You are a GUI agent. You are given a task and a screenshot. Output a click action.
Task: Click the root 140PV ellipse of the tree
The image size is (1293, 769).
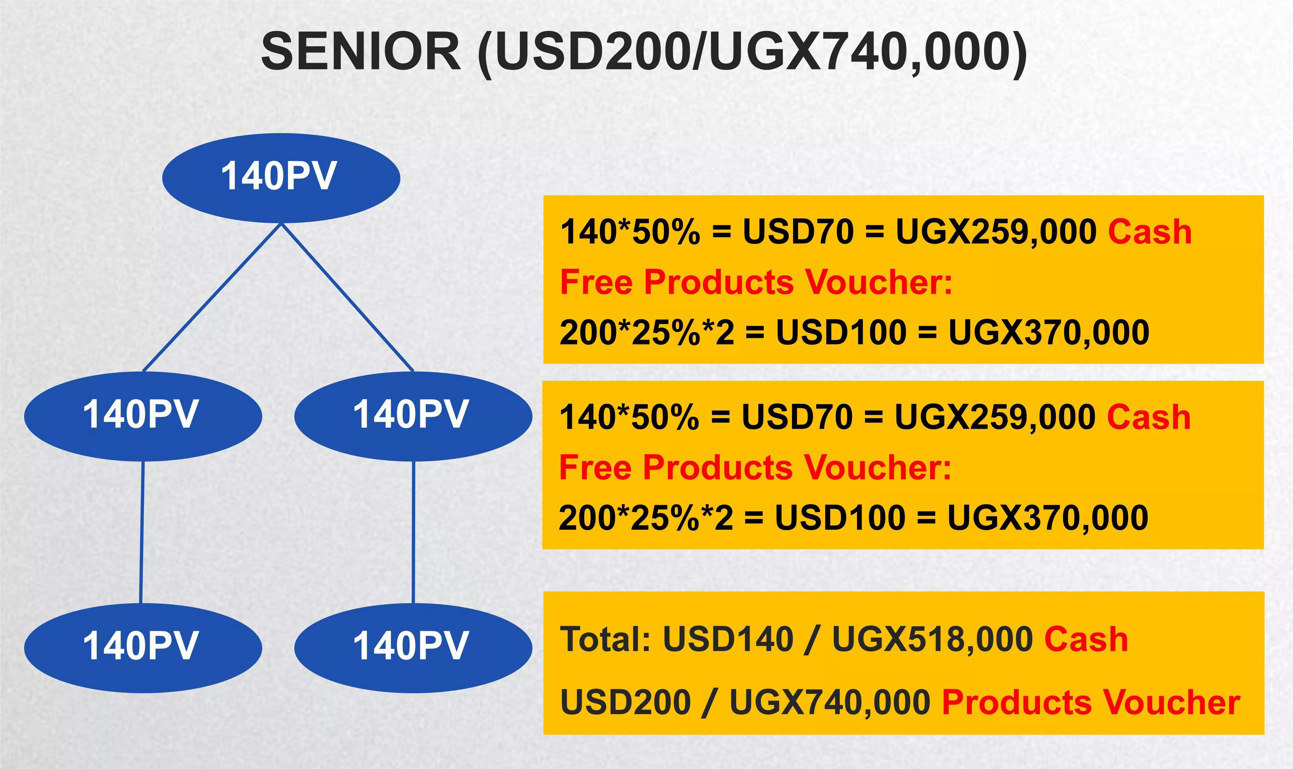281,178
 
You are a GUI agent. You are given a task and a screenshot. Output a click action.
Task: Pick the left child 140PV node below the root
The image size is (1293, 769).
143,416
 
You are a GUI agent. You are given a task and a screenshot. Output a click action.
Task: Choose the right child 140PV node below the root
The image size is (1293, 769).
413,416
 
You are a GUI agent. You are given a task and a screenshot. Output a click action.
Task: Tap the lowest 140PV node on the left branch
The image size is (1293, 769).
143,648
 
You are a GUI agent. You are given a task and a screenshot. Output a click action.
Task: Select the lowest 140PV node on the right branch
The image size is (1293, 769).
413,648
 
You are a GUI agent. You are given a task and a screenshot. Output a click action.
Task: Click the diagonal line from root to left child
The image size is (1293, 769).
212,298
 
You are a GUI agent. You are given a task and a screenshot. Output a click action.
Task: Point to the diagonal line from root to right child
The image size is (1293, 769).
347,298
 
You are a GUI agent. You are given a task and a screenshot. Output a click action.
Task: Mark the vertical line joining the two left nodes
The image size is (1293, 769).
142,532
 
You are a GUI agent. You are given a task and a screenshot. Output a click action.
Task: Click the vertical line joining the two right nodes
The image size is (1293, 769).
413,532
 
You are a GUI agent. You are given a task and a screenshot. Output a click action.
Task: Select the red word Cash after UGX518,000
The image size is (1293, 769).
1086,639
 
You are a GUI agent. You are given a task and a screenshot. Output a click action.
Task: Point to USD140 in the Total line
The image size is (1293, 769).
728,639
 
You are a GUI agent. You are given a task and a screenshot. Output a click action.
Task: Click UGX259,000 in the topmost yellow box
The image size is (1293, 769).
996,232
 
